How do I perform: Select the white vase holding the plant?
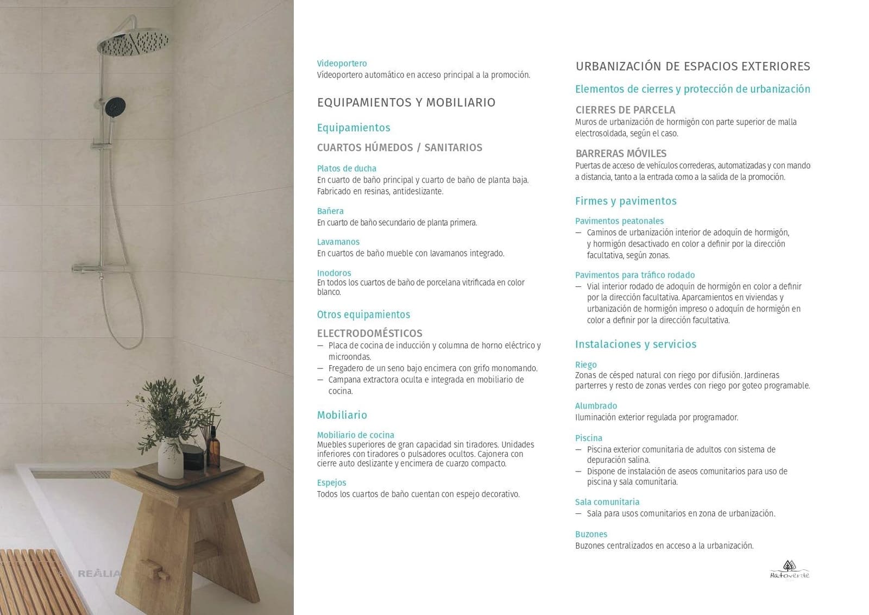click(170, 457)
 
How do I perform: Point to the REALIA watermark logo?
click(99, 573)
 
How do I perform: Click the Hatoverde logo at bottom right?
click(789, 570)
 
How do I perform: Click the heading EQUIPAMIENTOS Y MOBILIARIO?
click(406, 103)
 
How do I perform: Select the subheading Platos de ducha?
click(347, 168)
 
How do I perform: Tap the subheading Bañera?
click(330, 211)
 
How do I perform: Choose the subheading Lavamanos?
click(338, 242)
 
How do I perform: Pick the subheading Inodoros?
click(334, 273)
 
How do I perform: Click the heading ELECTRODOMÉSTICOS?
click(369, 333)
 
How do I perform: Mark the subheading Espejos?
click(331, 482)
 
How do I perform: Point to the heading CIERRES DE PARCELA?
click(625, 110)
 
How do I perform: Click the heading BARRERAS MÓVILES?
click(621, 153)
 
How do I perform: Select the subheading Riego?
click(585, 365)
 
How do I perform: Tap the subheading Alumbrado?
click(596, 406)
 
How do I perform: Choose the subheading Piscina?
click(588, 438)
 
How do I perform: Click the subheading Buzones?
click(591, 534)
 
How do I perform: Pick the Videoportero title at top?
click(342, 64)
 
